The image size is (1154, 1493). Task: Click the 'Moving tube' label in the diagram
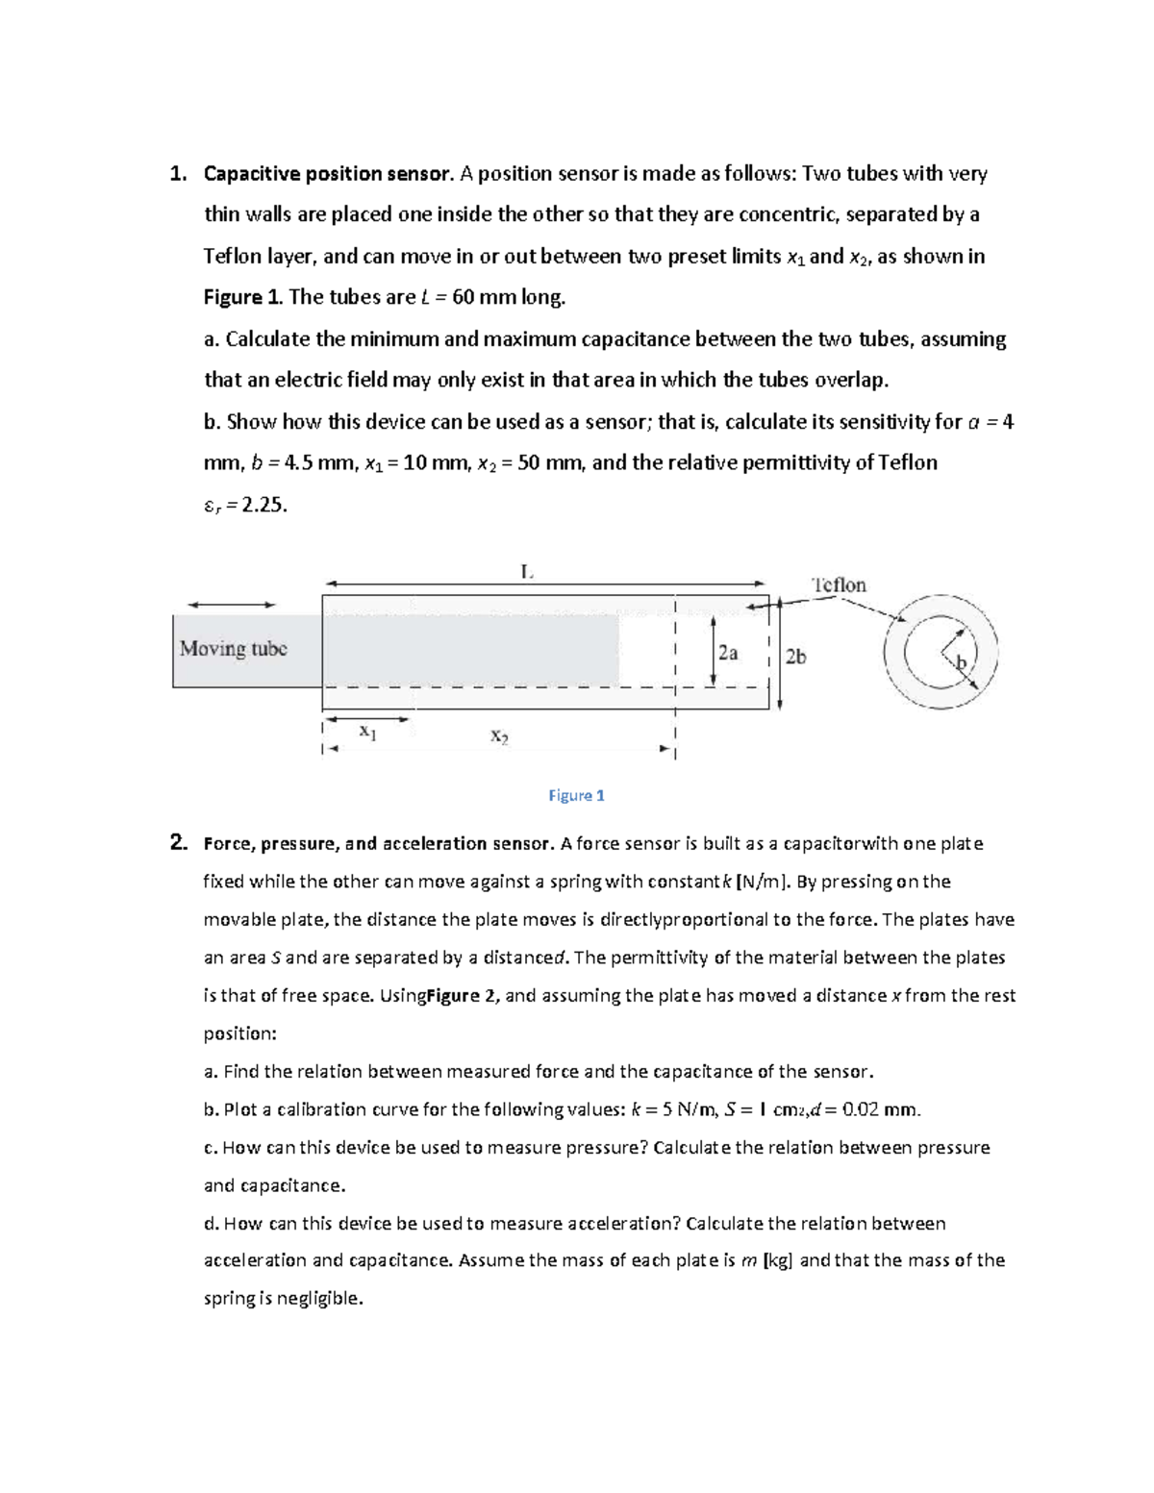(x=233, y=649)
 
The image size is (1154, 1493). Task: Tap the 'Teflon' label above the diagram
(x=839, y=585)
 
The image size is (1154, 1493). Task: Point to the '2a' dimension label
(x=728, y=653)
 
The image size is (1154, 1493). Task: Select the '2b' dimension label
(x=795, y=657)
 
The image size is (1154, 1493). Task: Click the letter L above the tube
(x=525, y=571)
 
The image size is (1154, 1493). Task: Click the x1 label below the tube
(x=366, y=731)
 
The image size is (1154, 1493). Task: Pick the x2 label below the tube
(x=499, y=736)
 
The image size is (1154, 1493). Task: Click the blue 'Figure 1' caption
(x=576, y=795)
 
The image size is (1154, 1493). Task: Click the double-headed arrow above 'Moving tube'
(x=232, y=604)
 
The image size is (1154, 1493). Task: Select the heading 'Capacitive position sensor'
(x=326, y=174)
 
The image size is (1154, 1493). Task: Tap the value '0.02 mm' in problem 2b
(x=880, y=1109)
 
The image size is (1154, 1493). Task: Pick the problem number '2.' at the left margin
(x=178, y=843)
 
